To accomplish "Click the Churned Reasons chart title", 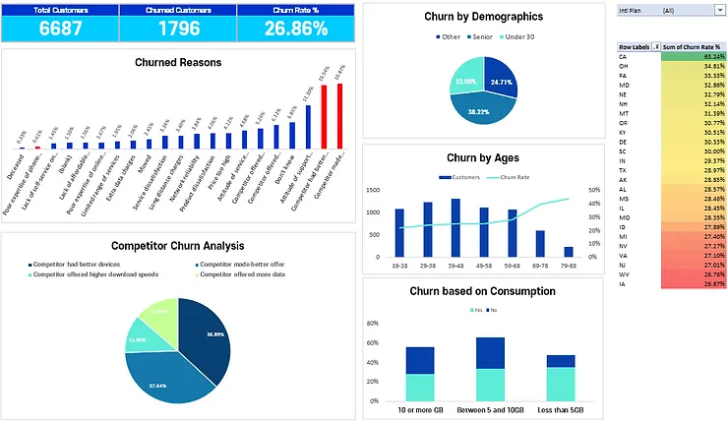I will (177, 62).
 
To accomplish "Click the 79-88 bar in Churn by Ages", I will (568, 251).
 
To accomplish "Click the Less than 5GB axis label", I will (560, 408).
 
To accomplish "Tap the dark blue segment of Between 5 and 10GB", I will (490, 353).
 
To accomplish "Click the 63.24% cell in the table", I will (694, 56).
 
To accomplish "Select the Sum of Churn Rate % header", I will (694, 46).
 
